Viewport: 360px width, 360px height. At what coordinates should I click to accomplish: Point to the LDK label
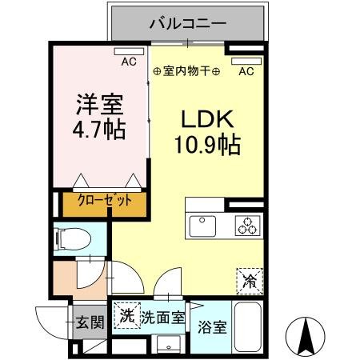[x=206, y=121]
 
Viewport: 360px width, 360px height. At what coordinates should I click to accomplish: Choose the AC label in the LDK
[x=246, y=71]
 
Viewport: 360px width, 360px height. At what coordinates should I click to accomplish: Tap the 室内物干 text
[x=186, y=71]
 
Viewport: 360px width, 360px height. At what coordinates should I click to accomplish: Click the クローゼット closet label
[x=105, y=202]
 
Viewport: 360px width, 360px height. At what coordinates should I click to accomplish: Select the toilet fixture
[x=71, y=238]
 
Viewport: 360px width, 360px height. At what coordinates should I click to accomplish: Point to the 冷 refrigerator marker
[x=250, y=282]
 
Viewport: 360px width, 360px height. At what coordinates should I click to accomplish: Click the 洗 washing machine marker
[x=126, y=315]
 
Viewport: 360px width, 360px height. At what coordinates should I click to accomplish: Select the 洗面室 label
[x=163, y=317]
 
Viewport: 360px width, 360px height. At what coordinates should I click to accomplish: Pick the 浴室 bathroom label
[x=212, y=327]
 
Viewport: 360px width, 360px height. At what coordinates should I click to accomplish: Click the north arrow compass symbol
[x=306, y=335]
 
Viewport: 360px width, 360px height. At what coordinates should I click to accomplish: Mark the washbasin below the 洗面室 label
[x=166, y=343]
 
